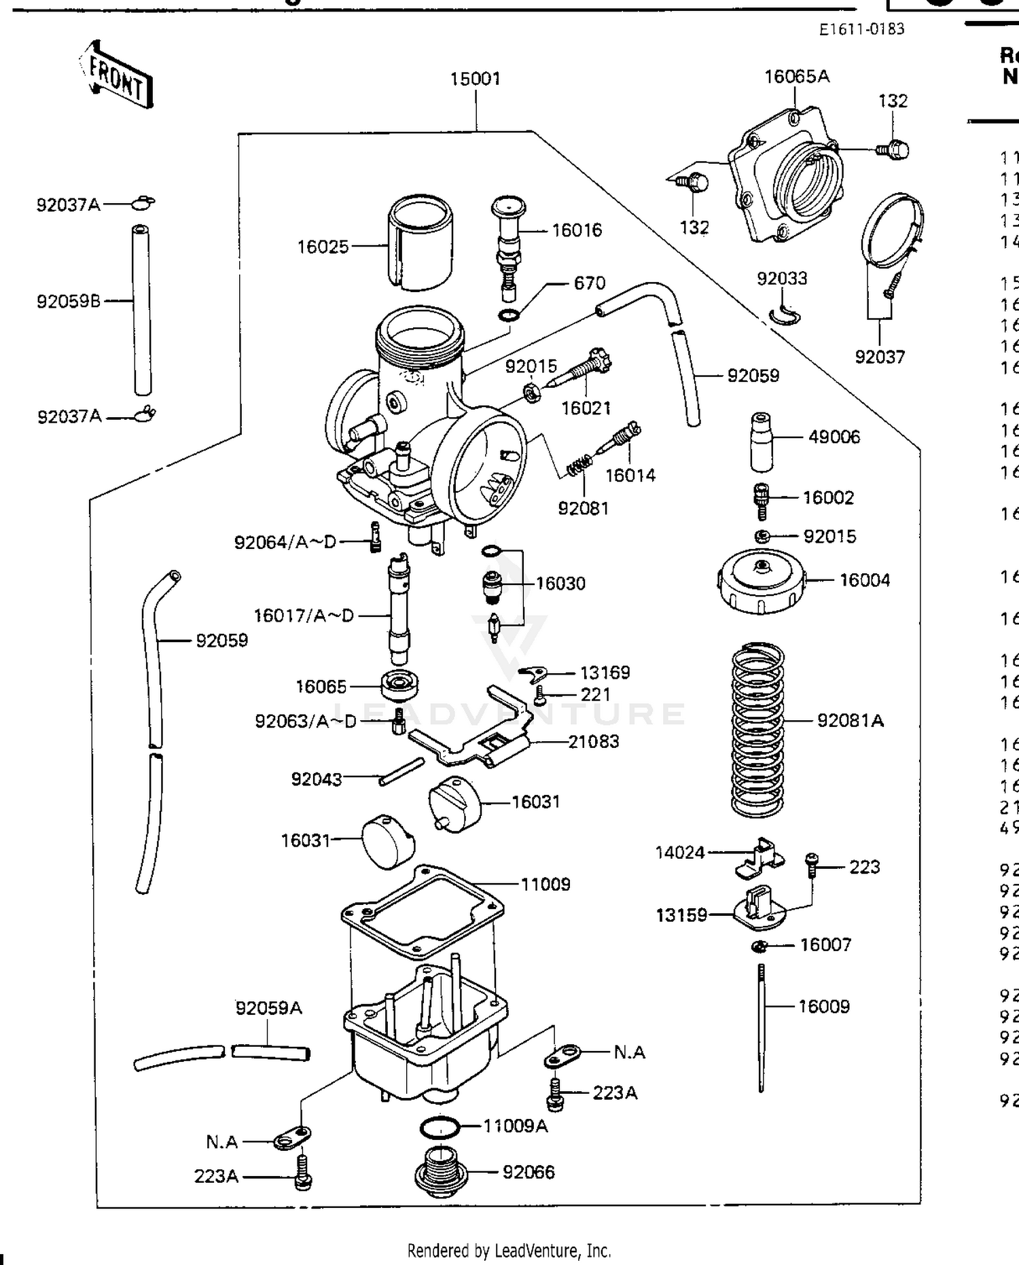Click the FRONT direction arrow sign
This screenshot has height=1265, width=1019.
click(x=116, y=74)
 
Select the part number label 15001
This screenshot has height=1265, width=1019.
click(x=475, y=79)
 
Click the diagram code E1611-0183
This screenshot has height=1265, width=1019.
click(x=861, y=29)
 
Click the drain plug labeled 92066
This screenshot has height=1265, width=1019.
click(x=440, y=1171)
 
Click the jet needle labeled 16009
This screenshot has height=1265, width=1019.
click(x=762, y=1026)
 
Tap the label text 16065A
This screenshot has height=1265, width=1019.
click(x=797, y=76)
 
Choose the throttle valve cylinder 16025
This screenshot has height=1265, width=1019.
click(x=421, y=243)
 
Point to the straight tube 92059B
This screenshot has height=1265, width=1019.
click(x=141, y=310)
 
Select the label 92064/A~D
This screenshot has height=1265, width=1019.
click(x=285, y=542)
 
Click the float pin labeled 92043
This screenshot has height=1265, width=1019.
click(x=401, y=771)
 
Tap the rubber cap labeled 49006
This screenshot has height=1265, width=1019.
click(x=762, y=441)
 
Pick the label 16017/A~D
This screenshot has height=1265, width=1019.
click(x=304, y=616)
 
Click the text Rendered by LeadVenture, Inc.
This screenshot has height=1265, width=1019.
click(x=509, y=1250)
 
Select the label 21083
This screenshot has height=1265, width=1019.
click(x=593, y=741)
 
